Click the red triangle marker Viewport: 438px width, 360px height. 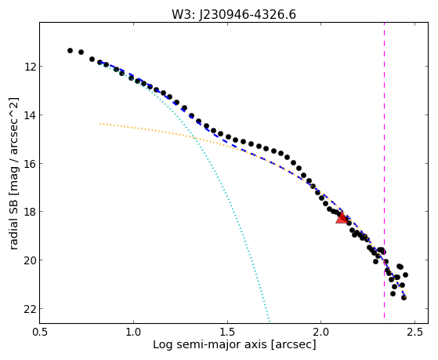tap(342, 218)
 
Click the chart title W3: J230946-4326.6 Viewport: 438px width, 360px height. tap(233, 14)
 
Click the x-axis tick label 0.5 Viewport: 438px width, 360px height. tap(40, 332)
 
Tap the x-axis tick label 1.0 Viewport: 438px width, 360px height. tap(133, 332)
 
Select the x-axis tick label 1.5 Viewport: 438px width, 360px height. tap(227, 332)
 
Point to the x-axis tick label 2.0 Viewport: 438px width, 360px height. tap(321, 332)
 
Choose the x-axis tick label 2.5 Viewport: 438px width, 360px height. tap(414, 332)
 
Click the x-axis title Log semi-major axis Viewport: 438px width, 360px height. tap(210, 345)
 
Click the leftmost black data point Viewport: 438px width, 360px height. tap(70, 51)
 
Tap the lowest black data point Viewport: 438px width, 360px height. tap(404, 297)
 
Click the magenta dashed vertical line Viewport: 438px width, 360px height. tap(384, 170)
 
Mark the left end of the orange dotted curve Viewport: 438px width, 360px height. tap(100, 123)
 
